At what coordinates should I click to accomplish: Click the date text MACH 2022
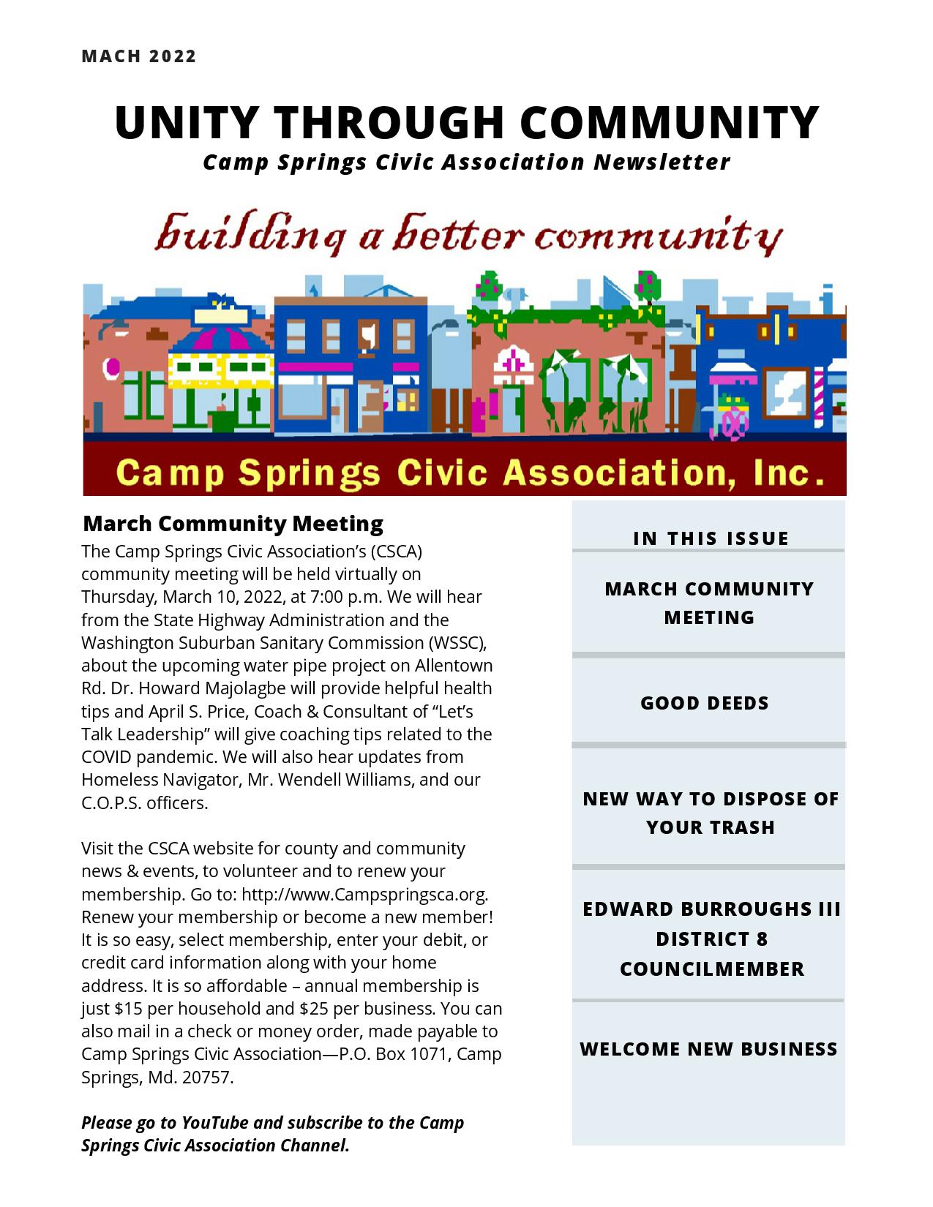[x=139, y=56]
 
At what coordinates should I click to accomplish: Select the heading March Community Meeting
[x=233, y=524]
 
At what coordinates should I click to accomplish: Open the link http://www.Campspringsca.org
[x=364, y=894]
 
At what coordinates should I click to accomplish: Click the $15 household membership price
[x=129, y=1008]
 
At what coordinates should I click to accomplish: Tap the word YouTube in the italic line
[x=216, y=1122]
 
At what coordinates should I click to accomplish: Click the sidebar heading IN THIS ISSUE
[x=711, y=538]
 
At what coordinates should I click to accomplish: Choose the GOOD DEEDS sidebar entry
[x=705, y=703]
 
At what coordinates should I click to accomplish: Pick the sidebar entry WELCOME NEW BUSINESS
[x=708, y=1049]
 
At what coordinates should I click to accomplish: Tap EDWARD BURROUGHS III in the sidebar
[x=711, y=909]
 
